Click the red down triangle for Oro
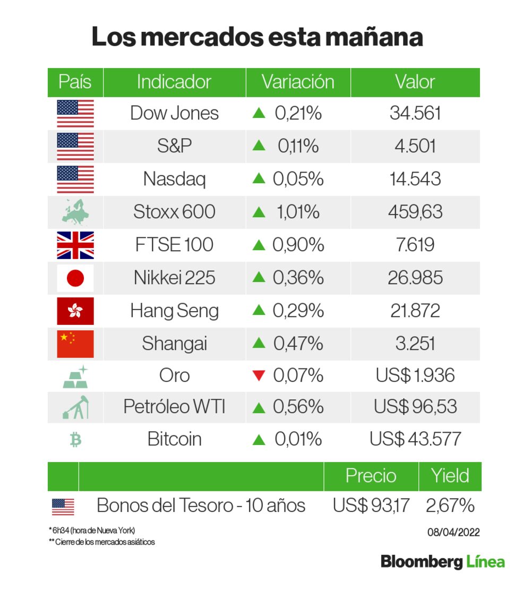pyautogui.click(x=259, y=376)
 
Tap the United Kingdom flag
pyautogui.click(x=75, y=245)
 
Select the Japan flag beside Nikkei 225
pyautogui.click(x=75, y=278)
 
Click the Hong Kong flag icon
pyautogui.click(x=75, y=311)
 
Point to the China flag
pyautogui.click(x=75, y=344)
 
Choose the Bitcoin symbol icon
pyautogui.click(x=75, y=440)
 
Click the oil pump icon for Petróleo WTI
pyautogui.click(x=75, y=407)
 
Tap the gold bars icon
pyautogui.click(x=75, y=376)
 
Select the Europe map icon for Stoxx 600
pyautogui.click(x=75, y=212)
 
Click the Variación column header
pyautogui.click(x=298, y=82)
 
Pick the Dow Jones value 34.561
pyautogui.click(x=415, y=113)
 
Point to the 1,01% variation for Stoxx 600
pyautogui.click(x=297, y=212)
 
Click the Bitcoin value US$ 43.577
pyautogui.click(x=415, y=440)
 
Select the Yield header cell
pyautogui.click(x=450, y=476)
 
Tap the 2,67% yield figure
pyautogui.click(x=450, y=506)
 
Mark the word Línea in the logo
pyautogui.click(x=485, y=562)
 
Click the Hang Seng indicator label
pyautogui.click(x=174, y=311)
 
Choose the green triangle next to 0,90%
pyautogui.click(x=259, y=245)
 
